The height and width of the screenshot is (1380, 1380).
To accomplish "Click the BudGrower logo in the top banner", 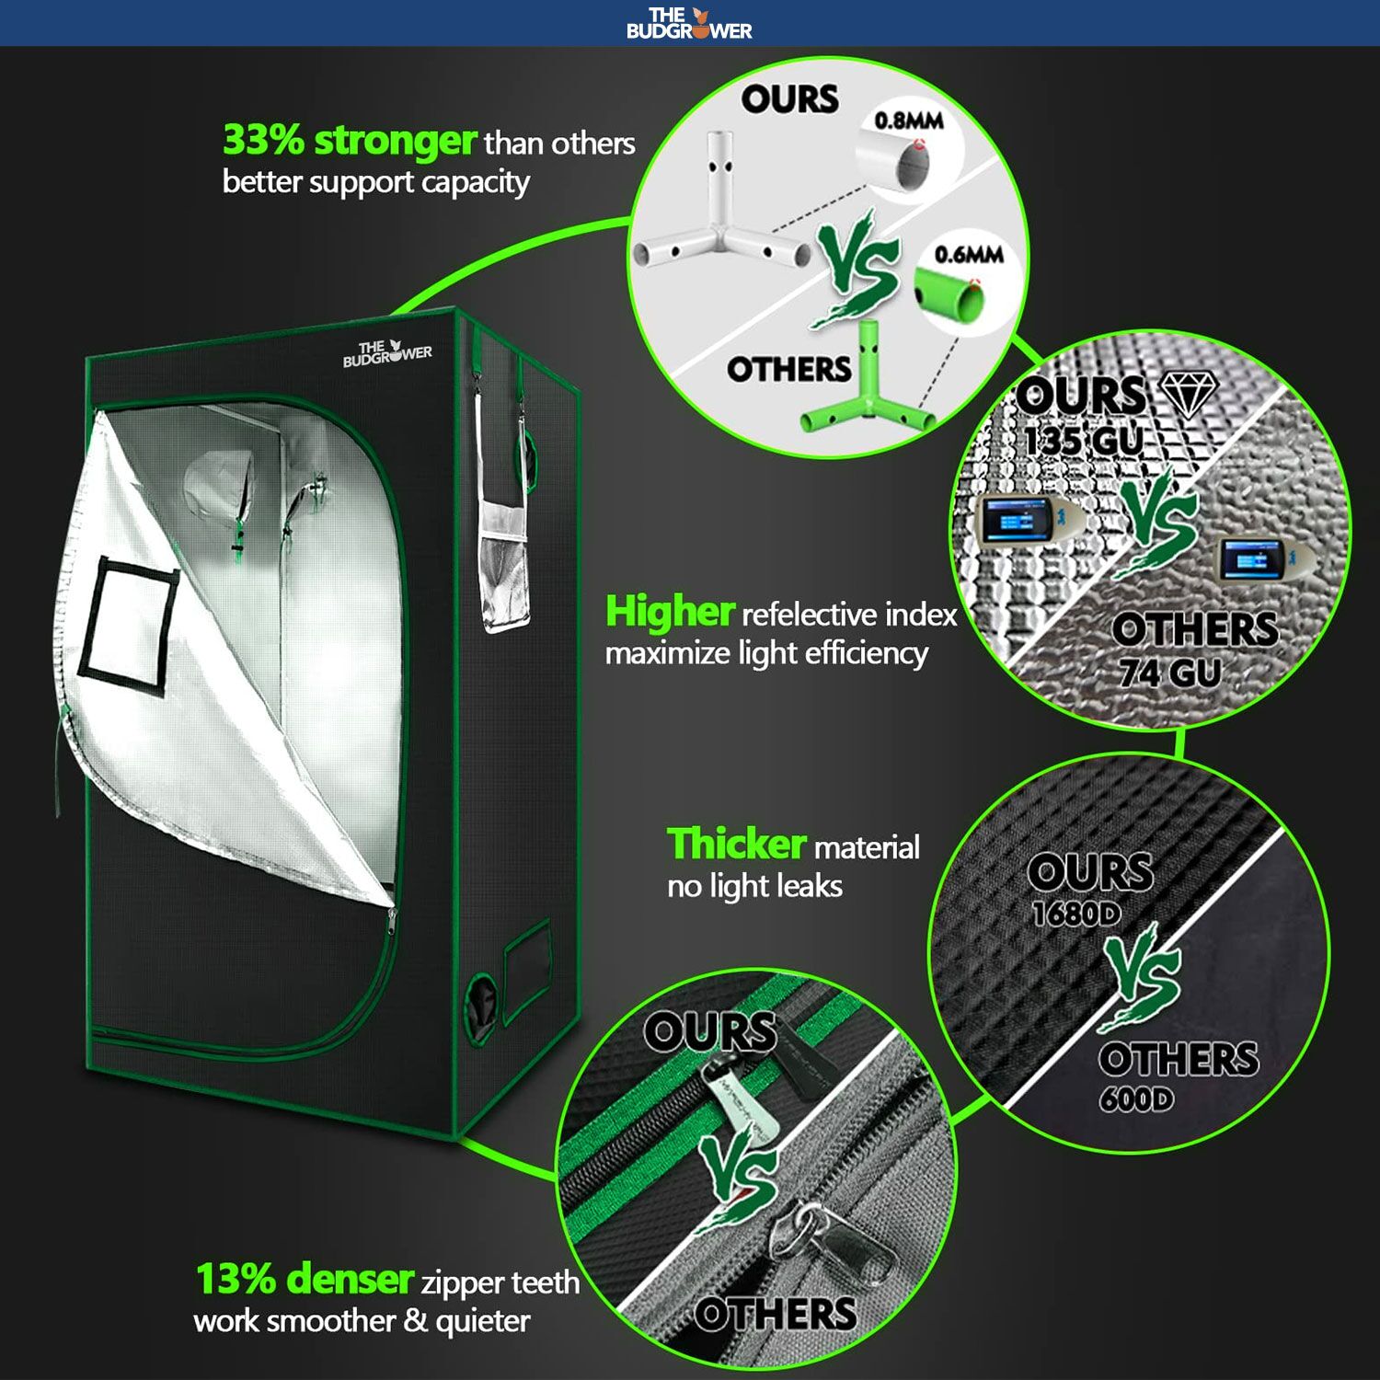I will (x=689, y=23).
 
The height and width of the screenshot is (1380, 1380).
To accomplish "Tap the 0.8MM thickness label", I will (x=908, y=121).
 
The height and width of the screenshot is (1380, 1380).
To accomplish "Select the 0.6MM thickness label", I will (x=968, y=255).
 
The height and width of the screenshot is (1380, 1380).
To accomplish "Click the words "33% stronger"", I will (x=349, y=141).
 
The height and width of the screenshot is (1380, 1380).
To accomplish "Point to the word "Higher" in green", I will (x=669, y=612).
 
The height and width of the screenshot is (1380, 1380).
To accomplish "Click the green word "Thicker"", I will (x=736, y=845).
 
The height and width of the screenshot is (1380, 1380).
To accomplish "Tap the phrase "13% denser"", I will (x=305, y=1280).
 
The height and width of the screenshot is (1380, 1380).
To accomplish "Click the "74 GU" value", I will (x=1169, y=673).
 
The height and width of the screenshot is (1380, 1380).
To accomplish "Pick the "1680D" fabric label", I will (x=1075, y=914).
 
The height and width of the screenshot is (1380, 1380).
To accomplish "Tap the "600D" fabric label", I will (x=1136, y=1098).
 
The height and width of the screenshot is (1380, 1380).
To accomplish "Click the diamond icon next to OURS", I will (x=1189, y=394).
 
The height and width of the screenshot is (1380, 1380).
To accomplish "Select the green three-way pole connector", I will (x=865, y=396).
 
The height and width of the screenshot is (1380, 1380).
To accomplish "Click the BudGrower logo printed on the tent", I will (x=387, y=353).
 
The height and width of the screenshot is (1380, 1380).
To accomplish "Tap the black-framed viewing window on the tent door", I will (x=129, y=621).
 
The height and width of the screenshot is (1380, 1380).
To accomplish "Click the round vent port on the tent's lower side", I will (x=479, y=1003).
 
